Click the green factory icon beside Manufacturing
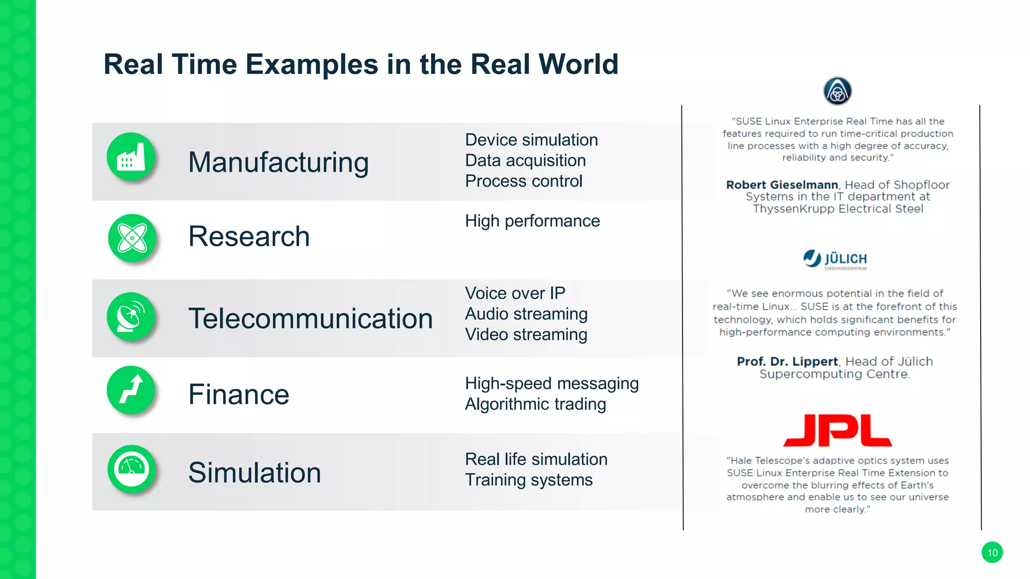pos(131,157)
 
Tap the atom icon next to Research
pos(132,237)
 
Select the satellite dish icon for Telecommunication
pos(131,317)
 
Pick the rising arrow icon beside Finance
pos(131,390)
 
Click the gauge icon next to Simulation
pos(132,468)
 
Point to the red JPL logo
pos(837,430)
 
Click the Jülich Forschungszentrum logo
pos(835,259)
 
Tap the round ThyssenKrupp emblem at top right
pos(837,91)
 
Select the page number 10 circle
pos(992,552)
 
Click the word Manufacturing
pos(278,162)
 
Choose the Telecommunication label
pos(310,319)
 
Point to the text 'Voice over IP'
pos(515,293)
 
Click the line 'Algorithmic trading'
pos(535,404)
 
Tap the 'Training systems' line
pos(529,480)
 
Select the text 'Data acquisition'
pos(525,160)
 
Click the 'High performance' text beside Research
pos(532,221)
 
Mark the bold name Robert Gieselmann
pos(782,185)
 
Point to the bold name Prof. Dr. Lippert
pos(787,361)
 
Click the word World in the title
pos(578,64)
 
